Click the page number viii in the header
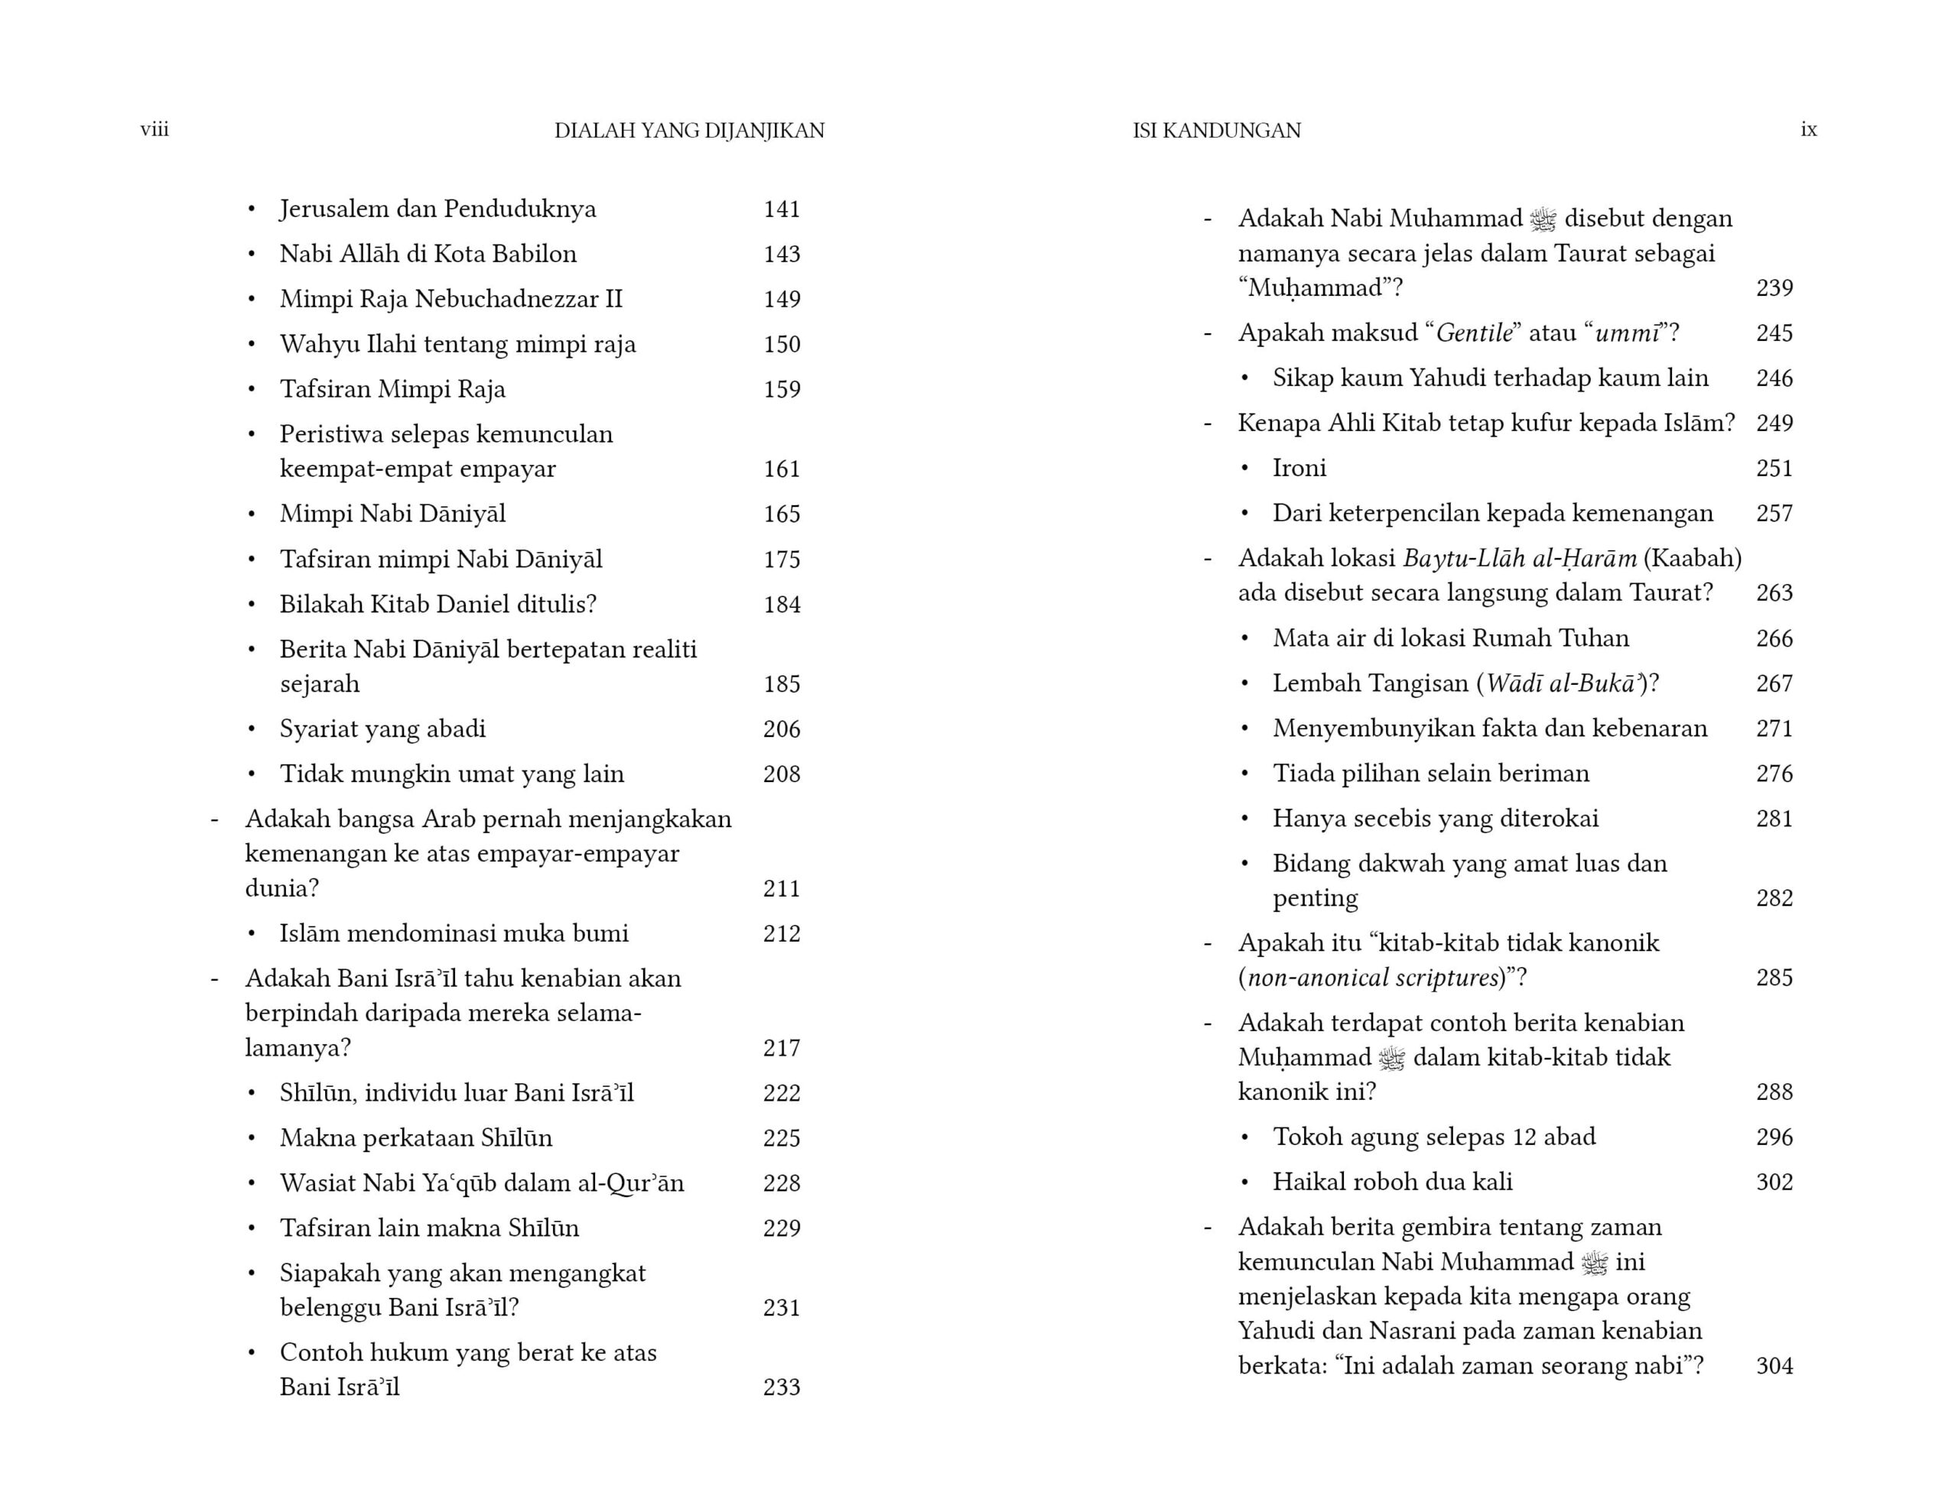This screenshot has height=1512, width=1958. (x=154, y=130)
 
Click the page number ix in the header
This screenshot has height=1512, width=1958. (x=1808, y=130)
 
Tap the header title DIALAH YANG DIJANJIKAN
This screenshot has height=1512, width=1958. (x=688, y=131)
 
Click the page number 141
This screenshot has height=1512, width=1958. (x=781, y=209)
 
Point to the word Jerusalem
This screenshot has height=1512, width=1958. (x=333, y=209)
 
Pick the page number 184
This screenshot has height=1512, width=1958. (x=781, y=605)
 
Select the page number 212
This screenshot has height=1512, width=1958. (x=781, y=934)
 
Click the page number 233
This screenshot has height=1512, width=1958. (x=781, y=1387)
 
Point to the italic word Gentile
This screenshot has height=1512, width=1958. (x=1474, y=333)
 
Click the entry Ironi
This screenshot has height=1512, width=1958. (x=1299, y=469)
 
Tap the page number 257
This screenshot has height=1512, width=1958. (x=1774, y=514)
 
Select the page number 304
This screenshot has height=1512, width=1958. (x=1774, y=1367)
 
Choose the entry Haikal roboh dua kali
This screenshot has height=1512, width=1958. (x=1391, y=1183)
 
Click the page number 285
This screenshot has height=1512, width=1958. (x=1774, y=978)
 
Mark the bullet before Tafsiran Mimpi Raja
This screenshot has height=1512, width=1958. (x=252, y=390)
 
